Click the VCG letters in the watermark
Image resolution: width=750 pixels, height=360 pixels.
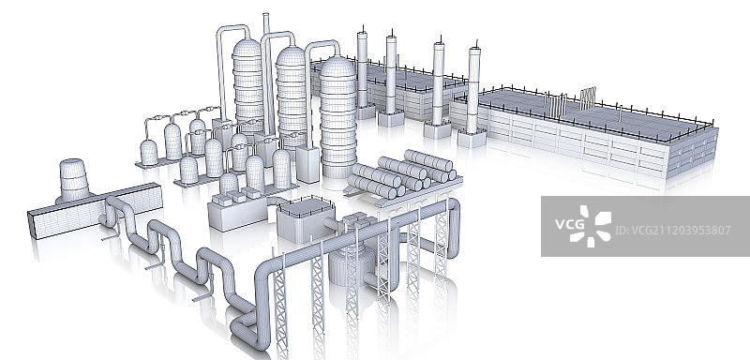click(x=570, y=224)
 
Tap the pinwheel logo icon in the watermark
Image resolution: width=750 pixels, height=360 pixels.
click(x=592, y=226)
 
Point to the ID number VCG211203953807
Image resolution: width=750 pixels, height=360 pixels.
click(x=672, y=231)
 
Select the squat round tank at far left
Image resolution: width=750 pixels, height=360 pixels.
click(x=74, y=180)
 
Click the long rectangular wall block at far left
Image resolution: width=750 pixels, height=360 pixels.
click(x=95, y=211)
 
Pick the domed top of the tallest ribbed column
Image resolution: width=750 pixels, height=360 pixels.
click(x=247, y=47)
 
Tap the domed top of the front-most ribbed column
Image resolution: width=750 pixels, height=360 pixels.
click(x=337, y=67)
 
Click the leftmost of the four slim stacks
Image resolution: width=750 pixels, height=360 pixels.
click(x=362, y=69)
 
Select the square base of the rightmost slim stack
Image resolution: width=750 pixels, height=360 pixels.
click(x=472, y=138)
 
